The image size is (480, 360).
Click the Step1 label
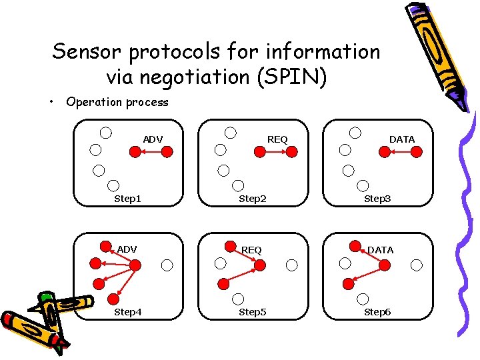click(x=127, y=198)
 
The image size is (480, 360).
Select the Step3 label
click(x=377, y=198)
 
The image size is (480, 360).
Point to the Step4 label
click(x=127, y=311)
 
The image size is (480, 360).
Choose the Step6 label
click(x=377, y=311)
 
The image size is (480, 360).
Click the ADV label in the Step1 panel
click(x=153, y=139)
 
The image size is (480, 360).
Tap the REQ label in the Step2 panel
click(x=277, y=139)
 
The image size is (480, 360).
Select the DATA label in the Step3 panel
click(x=402, y=139)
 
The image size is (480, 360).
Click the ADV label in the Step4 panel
click(x=127, y=249)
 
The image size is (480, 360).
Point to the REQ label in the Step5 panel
click(x=251, y=250)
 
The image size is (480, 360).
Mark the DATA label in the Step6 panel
click(x=380, y=250)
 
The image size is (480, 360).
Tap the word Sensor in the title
click(x=88, y=51)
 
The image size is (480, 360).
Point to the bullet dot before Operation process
click(x=51, y=102)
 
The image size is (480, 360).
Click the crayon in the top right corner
click(x=440, y=53)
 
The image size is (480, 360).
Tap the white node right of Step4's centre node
click(x=167, y=265)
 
